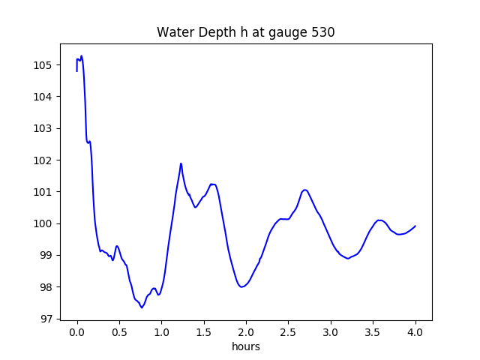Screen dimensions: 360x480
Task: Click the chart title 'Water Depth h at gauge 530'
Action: pyautogui.click(x=245, y=33)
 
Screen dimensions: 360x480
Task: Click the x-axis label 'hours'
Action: pyautogui.click(x=246, y=347)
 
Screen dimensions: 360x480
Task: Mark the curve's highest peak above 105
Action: pyautogui.click(x=81, y=56)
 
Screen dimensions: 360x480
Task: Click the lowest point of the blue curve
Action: pyautogui.click(x=142, y=307)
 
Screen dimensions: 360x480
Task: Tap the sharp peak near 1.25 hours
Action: pyautogui.click(x=181, y=163)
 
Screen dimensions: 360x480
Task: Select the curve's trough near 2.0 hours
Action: pyautogui.click(x=241, y=286)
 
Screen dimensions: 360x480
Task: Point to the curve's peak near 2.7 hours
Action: pyautogui.click(x=304, y=190)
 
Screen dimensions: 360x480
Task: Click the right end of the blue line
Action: pyautogui.click(x=415, y=226)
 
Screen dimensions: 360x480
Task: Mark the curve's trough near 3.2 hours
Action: pyautogui.click(x=348, y=259)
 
